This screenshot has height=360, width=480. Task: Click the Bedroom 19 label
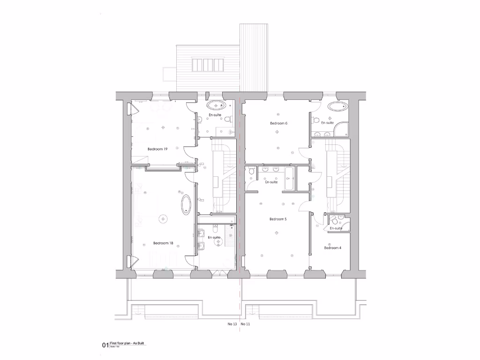pos(157,149)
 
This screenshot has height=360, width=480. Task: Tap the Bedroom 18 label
pos(163,243)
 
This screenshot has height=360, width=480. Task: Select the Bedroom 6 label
pos(278,123)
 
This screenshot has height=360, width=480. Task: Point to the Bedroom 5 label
pos(278,219)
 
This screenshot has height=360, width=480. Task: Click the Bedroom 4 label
pos(332,247)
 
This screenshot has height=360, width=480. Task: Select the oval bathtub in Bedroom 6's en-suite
pos(337,106)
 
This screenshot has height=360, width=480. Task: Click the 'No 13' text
pos(232,324)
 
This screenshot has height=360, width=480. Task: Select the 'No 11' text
pos(245,324)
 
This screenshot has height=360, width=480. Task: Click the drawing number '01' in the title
pos(105,345)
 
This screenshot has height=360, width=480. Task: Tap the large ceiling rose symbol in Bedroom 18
pos(163,218)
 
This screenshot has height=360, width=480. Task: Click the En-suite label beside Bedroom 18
pos(214,237)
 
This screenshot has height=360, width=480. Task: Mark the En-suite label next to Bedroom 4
pos(335,228)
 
